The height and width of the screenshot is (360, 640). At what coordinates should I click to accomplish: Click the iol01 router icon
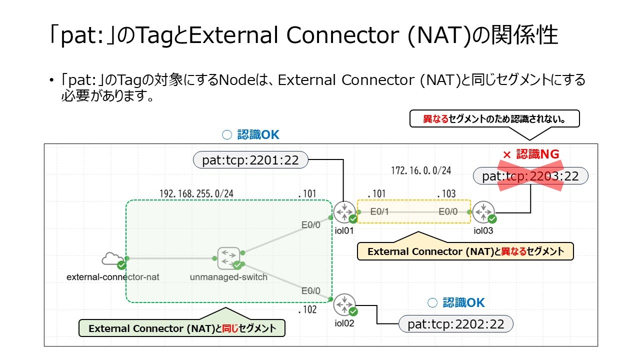[344, 212]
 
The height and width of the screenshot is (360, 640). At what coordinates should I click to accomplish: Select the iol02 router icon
[344, 304]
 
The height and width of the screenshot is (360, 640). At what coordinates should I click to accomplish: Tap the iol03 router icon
[483, 212]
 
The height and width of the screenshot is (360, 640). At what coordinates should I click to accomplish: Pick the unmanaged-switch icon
[229, 258]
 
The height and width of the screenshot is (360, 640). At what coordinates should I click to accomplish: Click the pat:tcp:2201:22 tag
[250, 159]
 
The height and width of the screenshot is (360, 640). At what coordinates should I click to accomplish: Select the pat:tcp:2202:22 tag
[455, 323]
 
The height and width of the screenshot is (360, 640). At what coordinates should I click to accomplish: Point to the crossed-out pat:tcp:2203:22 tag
[530, 175]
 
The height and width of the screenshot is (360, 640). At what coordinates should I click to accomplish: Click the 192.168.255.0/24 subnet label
[196, 193]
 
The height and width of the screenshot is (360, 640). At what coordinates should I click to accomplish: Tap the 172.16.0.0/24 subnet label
[421, 170]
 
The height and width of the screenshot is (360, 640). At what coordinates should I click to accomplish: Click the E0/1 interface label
[379, 211]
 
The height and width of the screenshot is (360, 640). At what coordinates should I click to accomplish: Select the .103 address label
[446, 193]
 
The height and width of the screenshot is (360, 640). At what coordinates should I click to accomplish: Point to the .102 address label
[307, 309]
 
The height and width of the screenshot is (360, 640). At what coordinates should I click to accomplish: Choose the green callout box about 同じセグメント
[182, 327]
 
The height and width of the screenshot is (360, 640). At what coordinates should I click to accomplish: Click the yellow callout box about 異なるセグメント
[465, 251]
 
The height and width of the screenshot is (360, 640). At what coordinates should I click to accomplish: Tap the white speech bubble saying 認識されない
[494, 119]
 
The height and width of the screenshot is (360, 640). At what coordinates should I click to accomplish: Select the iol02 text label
[344, 323]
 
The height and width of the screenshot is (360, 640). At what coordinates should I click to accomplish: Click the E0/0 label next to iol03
[448, 211]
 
